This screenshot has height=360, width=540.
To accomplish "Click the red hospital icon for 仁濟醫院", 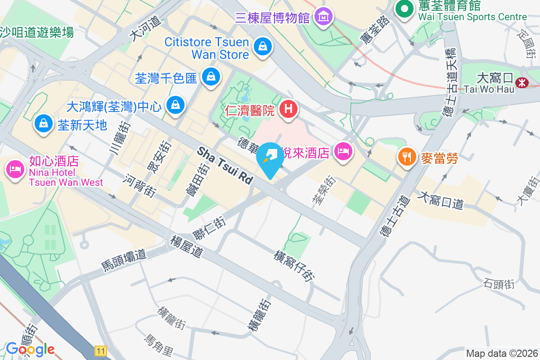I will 288,109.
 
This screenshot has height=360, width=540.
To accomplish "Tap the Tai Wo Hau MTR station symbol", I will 522,82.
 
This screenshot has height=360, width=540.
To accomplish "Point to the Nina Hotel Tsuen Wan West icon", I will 15,169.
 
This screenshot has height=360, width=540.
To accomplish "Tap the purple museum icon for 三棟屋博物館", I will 323,17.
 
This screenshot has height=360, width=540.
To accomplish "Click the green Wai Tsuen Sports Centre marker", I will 404,9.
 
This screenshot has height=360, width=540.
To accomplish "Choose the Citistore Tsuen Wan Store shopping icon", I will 262,46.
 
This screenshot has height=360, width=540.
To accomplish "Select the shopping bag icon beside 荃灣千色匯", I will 210,77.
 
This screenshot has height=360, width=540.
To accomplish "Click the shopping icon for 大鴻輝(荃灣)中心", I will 175,105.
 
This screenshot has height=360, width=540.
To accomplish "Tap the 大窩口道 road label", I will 441,201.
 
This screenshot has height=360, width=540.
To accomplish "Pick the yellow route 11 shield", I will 101,351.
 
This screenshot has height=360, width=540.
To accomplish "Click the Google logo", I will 30,349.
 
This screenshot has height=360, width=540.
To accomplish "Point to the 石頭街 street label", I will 499,284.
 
